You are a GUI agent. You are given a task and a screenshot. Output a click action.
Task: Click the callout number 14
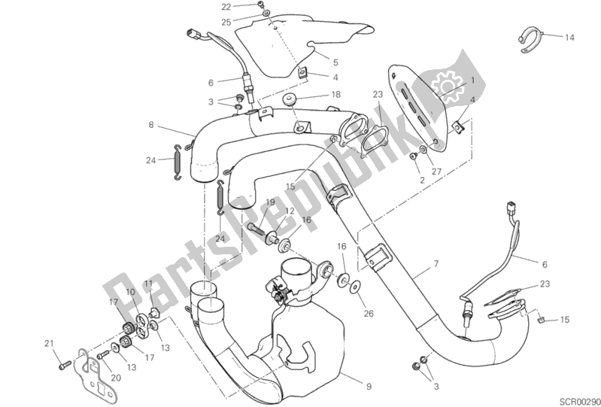click(x=569, y=38)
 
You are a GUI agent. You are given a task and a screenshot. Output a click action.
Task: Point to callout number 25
click(x=226, y=23)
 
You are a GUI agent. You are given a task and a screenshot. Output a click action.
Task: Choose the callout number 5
click(x=335, y=62)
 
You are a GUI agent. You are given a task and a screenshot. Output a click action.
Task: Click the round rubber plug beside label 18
click(x=290, y=100)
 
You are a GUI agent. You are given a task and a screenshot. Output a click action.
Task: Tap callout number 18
click(x=335, y=94)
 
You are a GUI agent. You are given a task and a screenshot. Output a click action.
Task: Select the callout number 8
click(x=151, y=125)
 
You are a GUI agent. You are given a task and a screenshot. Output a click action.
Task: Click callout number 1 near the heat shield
click(x=472, y=80)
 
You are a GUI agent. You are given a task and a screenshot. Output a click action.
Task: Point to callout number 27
click(x=436, y=172)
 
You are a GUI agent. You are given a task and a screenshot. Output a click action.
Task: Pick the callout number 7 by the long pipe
click(x=436, y=263)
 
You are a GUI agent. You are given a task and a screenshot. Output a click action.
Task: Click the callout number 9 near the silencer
click(x=369, y=387)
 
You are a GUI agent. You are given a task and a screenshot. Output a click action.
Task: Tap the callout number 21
click(x=49, y=344)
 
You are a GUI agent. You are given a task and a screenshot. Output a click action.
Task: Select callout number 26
click(x=369, y=314)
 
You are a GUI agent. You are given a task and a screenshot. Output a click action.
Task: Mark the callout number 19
click(x=271, y=202)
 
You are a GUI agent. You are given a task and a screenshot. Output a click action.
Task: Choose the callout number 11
click(x=148, y=284)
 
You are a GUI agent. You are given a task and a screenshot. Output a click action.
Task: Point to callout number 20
click(x=116, y=378)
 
